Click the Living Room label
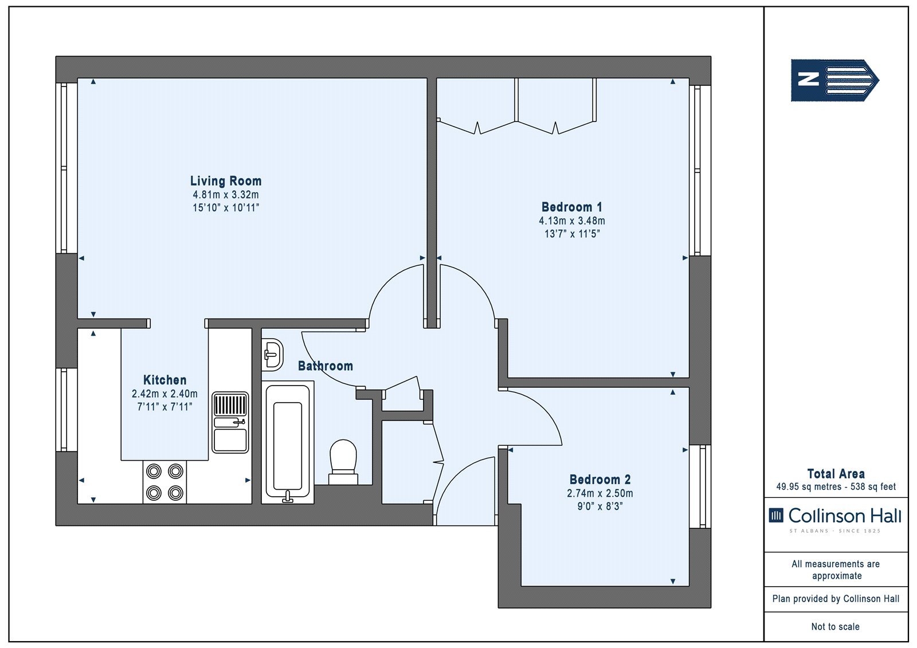[x=226, y=181]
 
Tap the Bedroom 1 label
[x=571, y=207]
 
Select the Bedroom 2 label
[x=599, y=480]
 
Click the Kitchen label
[x=164, y=380]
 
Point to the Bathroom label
[x=326, y=366]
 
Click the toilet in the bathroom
[x=343, y=462]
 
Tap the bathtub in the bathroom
[x=288, y=442]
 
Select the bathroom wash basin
[x=272, y=355]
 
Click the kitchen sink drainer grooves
[x=230, y=404]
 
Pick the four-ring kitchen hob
[x=164, y=482]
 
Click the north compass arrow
[x=834, y=80]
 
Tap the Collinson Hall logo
[x=835, y=520]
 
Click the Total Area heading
[x=836, y=474]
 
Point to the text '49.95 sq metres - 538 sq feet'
[x=836, y=487]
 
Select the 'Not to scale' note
[x=835, y=626]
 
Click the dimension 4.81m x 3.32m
[x=226, y=195]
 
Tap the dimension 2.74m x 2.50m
[x=599, y=493]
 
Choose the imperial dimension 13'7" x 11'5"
[x=572, y=234]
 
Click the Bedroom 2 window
[x=700, y=486]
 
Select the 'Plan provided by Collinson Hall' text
[x=836, y=599]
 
